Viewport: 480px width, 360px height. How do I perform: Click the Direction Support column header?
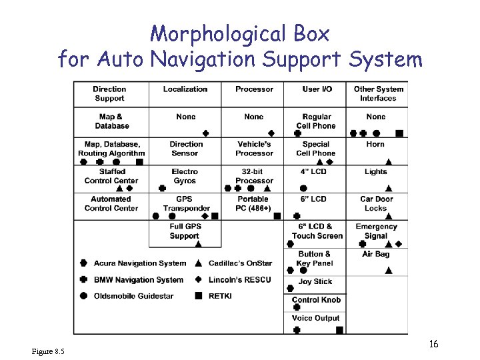click(109, 93)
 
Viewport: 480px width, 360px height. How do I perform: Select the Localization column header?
click(185, 89)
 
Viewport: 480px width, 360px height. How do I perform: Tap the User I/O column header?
click(317, 89)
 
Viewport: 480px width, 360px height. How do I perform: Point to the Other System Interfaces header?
click(378, 93)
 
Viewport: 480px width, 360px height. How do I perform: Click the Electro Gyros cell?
click(185, 176)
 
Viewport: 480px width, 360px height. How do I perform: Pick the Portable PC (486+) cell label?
click(254, 203)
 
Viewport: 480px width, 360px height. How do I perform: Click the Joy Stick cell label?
click(315, 281)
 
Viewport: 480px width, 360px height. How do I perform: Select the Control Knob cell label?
click(316, 300)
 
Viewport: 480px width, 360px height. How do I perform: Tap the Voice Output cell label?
click(316, 318)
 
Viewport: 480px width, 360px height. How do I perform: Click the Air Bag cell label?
click(375, 254)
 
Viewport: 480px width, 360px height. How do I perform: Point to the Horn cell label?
click(375, 144)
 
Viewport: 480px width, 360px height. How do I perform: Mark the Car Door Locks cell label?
click(376, 203)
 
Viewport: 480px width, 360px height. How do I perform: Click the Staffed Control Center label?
click(111, 176)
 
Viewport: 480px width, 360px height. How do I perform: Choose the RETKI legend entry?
click(220, 296)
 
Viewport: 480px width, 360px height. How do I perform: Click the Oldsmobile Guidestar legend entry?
click(133, 296)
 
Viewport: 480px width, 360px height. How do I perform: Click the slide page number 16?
click(433, 345)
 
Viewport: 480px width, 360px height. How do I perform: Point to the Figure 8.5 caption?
click(48, 351)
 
